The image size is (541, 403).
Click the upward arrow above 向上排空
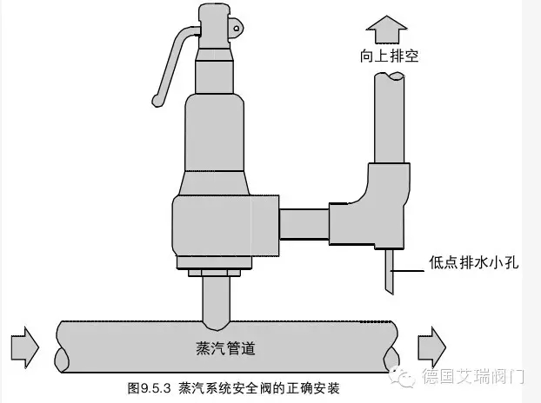click(x=387, y=30)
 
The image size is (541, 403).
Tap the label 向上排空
click(x=390, y=56)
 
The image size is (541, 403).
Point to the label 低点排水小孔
click(x=474, y=262)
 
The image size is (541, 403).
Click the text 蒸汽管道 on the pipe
click(x=225, y=348)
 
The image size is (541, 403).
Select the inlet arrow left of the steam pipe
click(x=25, y=347)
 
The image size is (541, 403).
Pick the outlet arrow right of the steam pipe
click(x=432, y=347)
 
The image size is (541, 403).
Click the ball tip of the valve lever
click(x=157, y=101)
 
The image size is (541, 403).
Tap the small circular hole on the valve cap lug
click(x=237, y=29)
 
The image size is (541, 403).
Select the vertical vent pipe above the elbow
click(x=390, y=117)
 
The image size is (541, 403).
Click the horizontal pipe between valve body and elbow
click(x=304, y=224)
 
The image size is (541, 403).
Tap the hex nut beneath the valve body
click(x=214, y=273)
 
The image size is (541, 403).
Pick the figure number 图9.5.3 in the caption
click(x=149, y=388)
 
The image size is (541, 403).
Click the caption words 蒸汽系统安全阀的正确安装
click(x=259, y=388)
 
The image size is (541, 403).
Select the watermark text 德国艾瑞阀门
click(x=473, y=376)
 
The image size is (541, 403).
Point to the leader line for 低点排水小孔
click(x=407, y=272)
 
